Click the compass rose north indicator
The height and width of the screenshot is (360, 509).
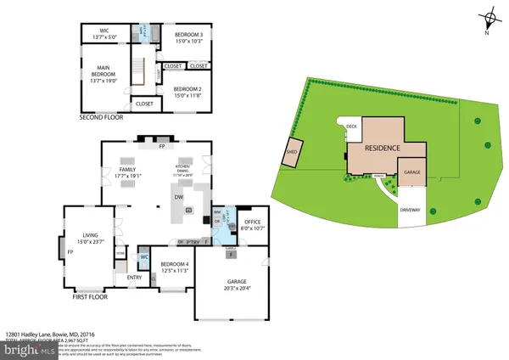pyautogui.click(x=489, y=20)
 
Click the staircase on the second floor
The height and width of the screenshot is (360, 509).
pyautogui.click(x=139, y=68)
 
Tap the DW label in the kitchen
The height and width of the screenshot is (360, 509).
pyautogui.click(x=180, y=197)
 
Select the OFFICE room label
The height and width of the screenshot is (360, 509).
pyautogui.click(x=252, y=222)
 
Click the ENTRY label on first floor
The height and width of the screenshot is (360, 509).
pyautogui.click(x=134, y=278)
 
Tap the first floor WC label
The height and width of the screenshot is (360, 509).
pyautogui.click(x=144, y=256)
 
